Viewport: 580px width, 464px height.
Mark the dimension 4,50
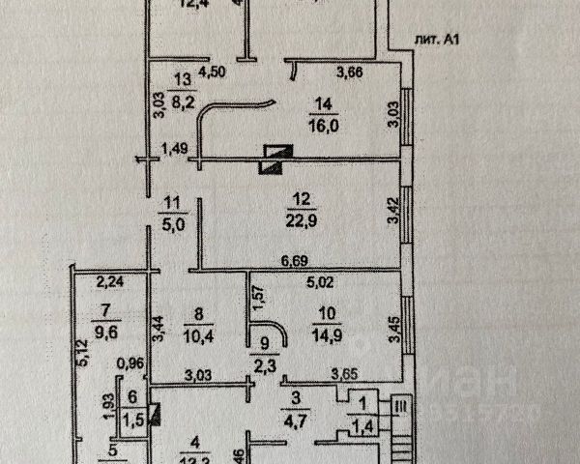click(x=213, y=71)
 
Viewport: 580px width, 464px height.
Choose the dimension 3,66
click(x=350, y=71)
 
